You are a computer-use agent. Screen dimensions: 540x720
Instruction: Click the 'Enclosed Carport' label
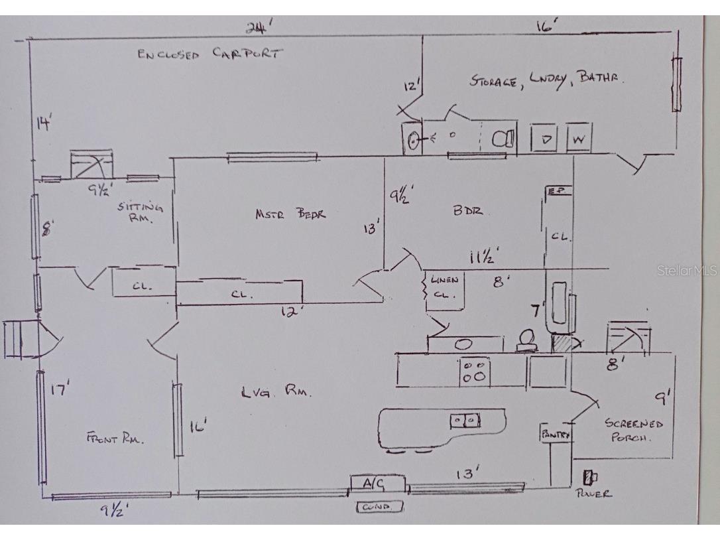point(209,54)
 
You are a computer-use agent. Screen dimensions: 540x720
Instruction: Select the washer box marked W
point(579,139)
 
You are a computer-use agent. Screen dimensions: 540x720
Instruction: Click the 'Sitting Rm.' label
point(140,212)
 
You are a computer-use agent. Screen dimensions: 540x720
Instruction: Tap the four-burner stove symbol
point(475,371)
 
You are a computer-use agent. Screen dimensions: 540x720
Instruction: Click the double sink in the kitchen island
point(465,420)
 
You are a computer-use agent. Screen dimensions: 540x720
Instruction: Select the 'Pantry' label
point(556,435)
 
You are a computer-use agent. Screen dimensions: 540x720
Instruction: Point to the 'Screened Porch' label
point(633,431)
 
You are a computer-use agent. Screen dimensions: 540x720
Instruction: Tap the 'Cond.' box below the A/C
point(380,507)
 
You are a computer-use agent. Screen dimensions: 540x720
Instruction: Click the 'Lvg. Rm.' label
point(276,392)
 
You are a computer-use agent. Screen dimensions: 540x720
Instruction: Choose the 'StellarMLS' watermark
point(688,271)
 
